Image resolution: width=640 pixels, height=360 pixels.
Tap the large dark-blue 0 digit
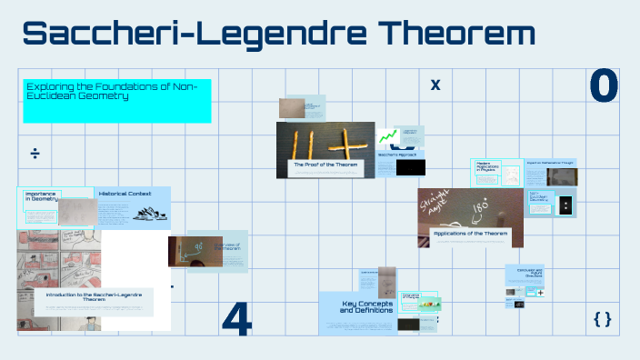(x=604, y=85)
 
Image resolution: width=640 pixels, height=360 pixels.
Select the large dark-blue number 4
(x=236, y=317)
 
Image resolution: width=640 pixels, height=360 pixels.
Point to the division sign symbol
(x=35, y=153)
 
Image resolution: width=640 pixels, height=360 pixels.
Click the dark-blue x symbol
(x=435, y=85)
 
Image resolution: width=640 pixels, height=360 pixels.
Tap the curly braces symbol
(x=602, y=318)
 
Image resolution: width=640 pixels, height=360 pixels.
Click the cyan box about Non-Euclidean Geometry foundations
(x=116, y=100)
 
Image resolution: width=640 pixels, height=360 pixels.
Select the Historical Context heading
(x=125, y=195)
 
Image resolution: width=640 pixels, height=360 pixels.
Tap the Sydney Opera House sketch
(x=147, y=214)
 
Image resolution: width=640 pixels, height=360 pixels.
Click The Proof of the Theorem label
(x=325, y=165)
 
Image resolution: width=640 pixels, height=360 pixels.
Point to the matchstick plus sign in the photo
(x=348, y=143)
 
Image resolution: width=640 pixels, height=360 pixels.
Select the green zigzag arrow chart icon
(x=389, y=137)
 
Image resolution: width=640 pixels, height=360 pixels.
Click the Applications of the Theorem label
(x=470, y=234)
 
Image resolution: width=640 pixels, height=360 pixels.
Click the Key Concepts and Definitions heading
(x=366, y=307)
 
